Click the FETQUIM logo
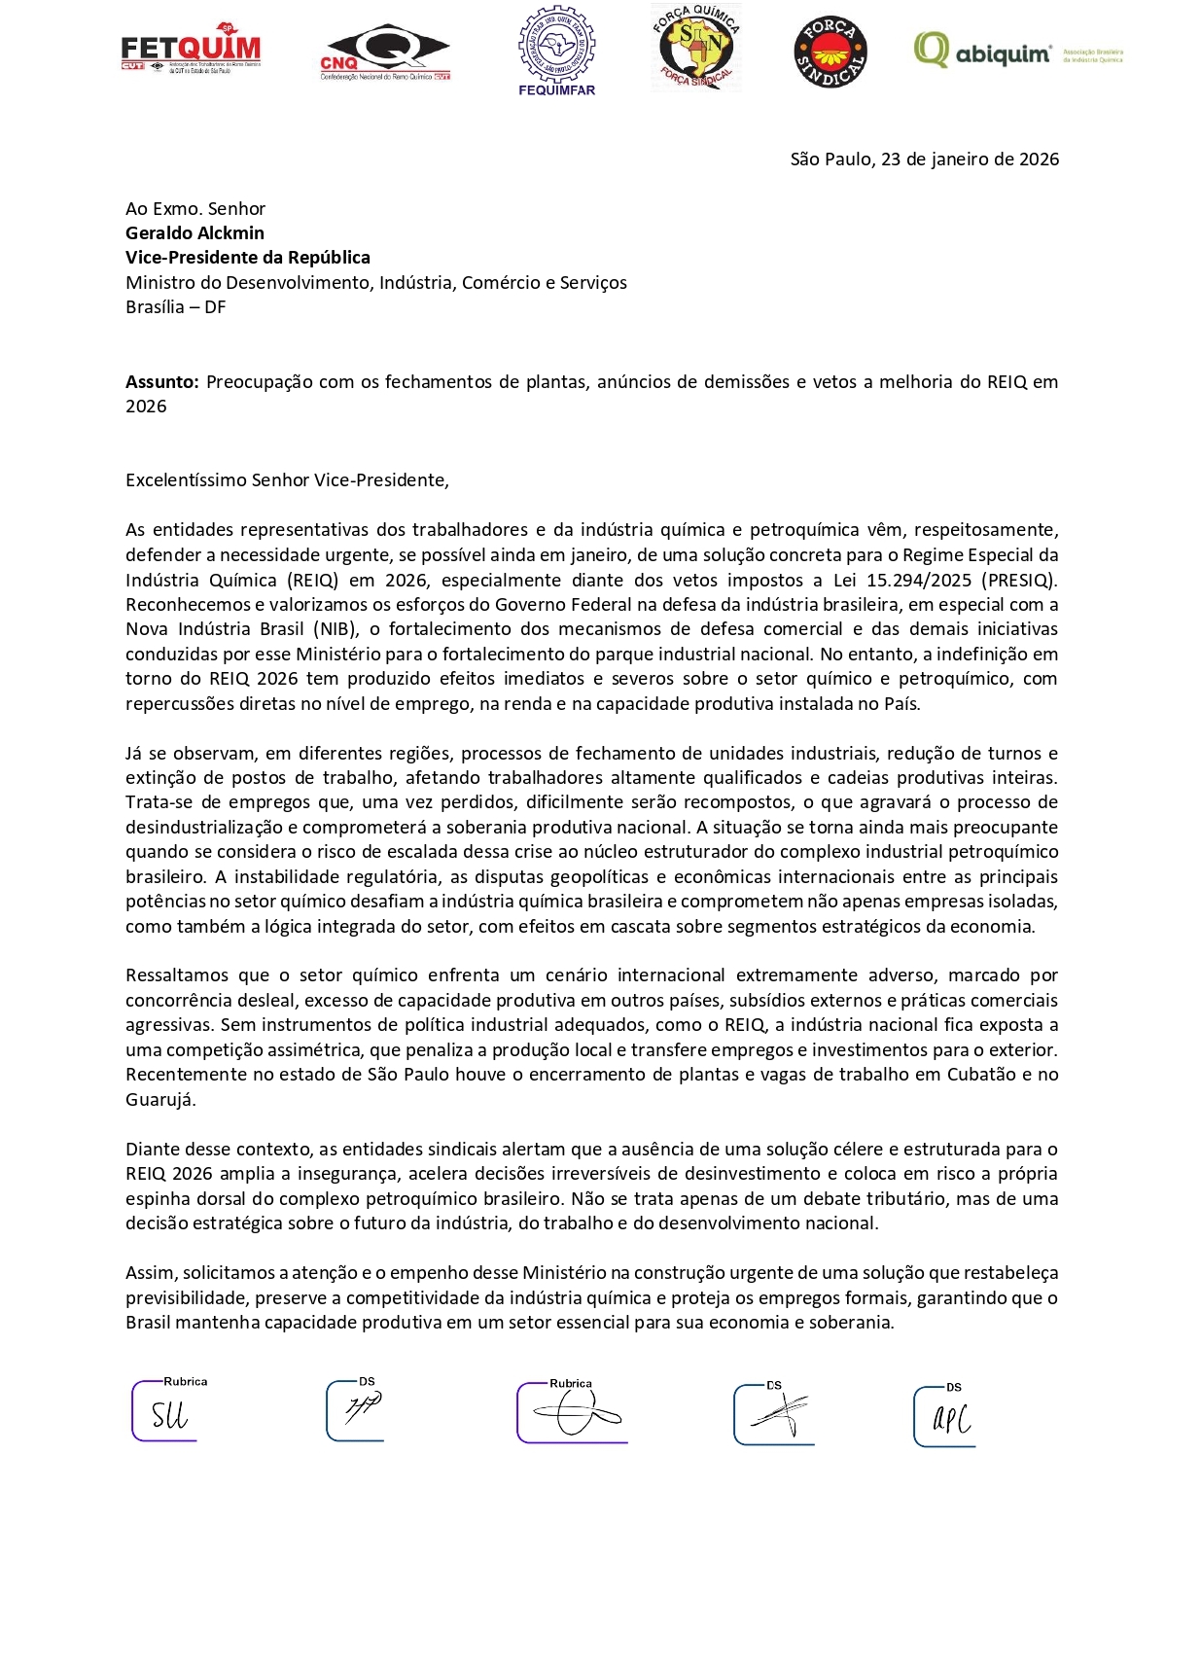191,50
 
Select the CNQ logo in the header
385,53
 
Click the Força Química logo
695,47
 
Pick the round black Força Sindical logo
830,53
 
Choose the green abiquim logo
982,51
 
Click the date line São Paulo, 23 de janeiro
924,160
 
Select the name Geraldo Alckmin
194,233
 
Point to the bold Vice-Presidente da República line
248,258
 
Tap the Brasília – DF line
176,307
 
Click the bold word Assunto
161,382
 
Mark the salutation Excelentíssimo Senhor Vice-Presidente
287,480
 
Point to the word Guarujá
160,1100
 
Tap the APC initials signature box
946,1417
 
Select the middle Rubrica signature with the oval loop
574,1413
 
